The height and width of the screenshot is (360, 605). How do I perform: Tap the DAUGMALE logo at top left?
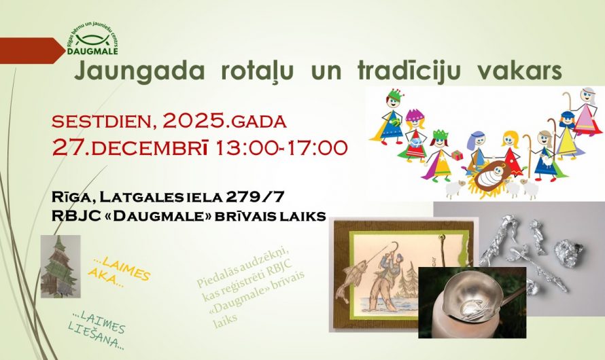tap(92, 40)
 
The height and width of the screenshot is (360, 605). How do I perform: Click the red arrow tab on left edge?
tap(31, 50)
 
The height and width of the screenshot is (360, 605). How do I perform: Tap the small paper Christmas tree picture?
tap(60, 267)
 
